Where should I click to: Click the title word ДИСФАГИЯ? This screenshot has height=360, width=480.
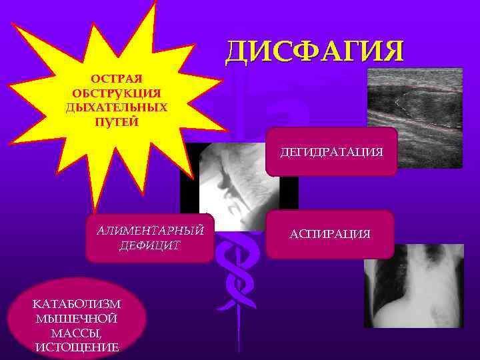pyautogui.click(x=314, y=51)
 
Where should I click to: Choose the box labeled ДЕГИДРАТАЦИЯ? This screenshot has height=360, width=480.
pyautogui.click(x=331, y=152)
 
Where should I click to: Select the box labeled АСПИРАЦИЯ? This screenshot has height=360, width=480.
pyautogui.click(x=329, y=234)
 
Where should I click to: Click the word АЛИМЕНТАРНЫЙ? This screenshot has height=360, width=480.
pyautogui.click(x=149, y=231)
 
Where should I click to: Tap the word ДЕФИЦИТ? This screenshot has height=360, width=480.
pyautogui.click(x=149, y=245)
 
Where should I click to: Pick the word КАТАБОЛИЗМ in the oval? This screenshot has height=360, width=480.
pyautogui.click(x=75, y=303)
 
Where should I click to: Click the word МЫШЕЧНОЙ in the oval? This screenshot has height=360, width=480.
pyautogui.click(x=75, y=317)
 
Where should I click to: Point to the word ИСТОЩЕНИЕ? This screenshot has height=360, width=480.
pyautogui.click(x=75, y=347)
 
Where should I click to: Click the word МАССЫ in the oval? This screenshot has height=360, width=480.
pyautogui.click(x=75, y=332)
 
